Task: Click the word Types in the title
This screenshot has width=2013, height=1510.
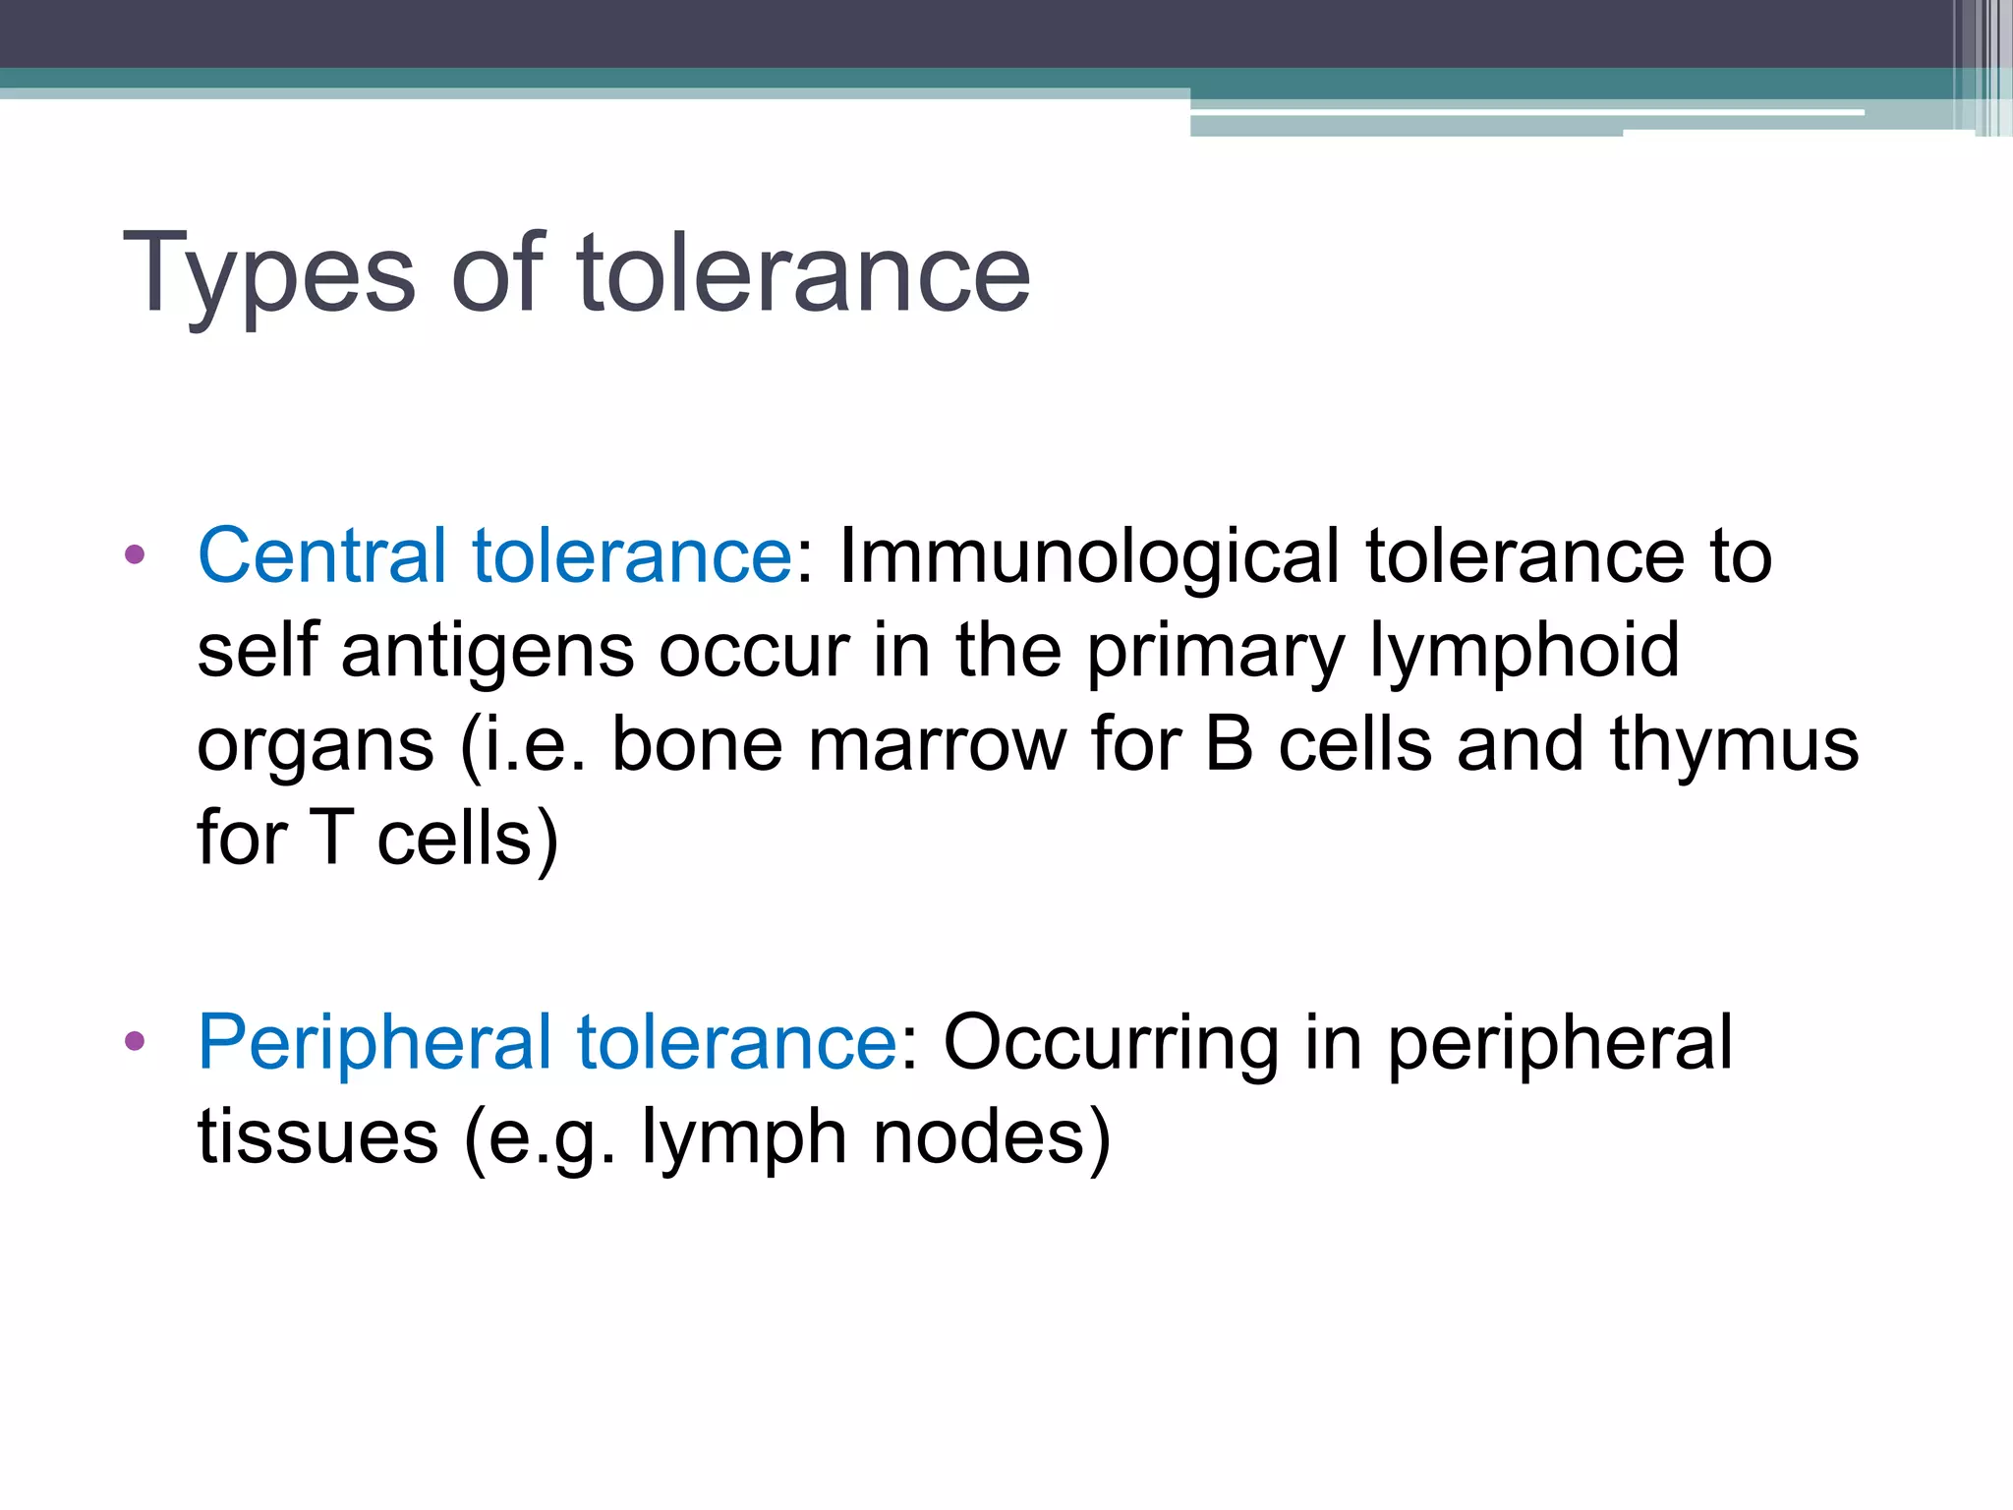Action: (269, 275)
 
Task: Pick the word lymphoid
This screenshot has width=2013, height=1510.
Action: (1524, 651)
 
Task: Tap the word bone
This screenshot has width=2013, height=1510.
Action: (697, 744)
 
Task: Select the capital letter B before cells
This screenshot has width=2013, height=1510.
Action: (1230, 744)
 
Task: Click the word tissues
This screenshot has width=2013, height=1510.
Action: (317, 1137)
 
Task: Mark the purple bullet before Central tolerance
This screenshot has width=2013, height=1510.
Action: (135, 555)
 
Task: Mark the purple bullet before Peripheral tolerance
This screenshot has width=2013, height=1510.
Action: (135, 1041)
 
